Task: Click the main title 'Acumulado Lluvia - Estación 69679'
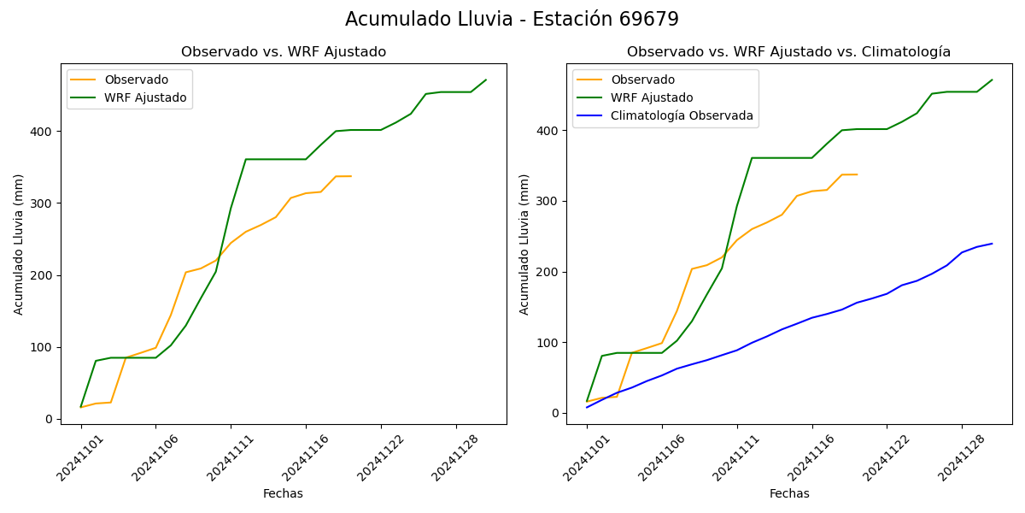click(512, 20)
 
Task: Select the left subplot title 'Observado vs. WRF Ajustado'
click(284, 52)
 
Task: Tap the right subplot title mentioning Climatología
click(788, 52)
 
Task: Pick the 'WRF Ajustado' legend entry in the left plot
click(145, 97)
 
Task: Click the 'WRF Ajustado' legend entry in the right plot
click(652, 97)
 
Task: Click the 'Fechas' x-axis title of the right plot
click(789, 493)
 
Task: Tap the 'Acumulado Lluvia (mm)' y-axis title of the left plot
click(19, 244)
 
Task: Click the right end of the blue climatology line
click(992, 244)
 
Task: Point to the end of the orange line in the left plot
click(351, 176)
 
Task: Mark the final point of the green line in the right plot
click(992, 80)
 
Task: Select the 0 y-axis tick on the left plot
click(48, 419)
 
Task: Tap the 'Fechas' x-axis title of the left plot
click(283, 493)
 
